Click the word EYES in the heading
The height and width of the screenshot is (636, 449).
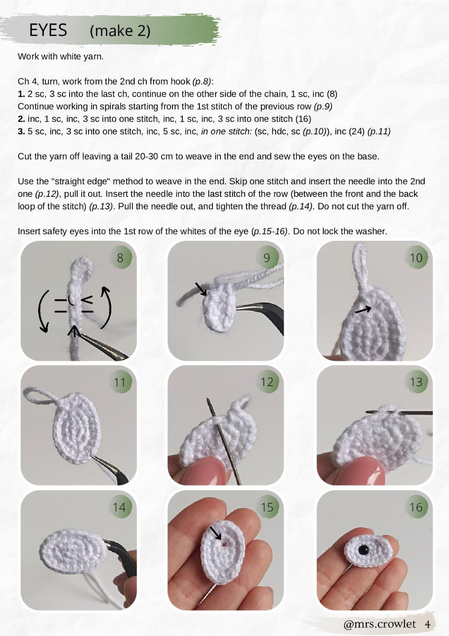coord(48,30)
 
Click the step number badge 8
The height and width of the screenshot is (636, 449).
coord(120,258)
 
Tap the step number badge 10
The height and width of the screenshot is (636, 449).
coord(416,258)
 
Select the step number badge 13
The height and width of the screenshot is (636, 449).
coord(416,382)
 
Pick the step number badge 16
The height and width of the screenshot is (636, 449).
coord(416,507)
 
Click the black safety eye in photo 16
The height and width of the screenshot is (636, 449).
coord(363,549)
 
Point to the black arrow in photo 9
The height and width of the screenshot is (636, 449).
coord(201,289)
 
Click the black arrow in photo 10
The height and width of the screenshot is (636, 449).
coord(363,309)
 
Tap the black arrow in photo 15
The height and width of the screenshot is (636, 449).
coord(216,534)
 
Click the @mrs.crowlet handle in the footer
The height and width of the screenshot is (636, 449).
coord(379,624)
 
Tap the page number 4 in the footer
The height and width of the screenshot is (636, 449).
coord(427,624)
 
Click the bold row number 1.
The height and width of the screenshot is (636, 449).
coord(21,94)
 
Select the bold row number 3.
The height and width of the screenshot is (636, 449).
coord(21,131)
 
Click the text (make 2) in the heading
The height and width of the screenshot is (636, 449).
coord(120,31)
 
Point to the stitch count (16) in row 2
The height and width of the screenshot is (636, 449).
coord(303,119)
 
